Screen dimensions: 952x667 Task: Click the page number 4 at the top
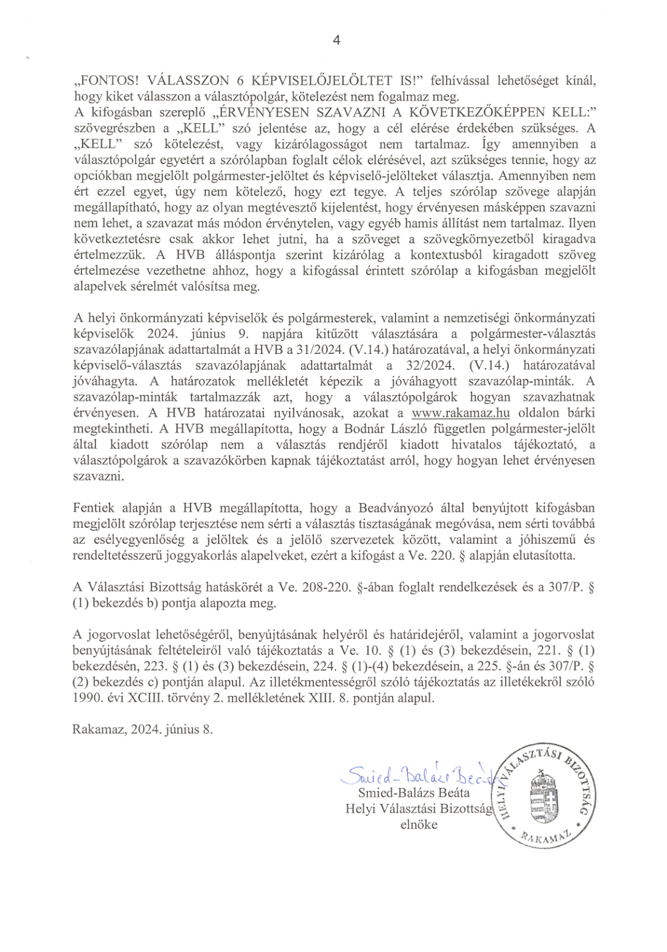336,40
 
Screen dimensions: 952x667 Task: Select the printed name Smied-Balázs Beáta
413,793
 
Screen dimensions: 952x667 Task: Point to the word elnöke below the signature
418,825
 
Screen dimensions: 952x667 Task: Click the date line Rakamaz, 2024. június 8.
143,729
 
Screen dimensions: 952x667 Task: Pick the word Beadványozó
393,508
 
